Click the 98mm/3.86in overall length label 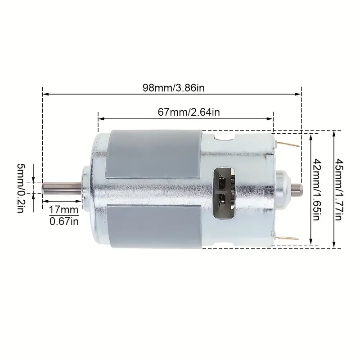pos(171,88)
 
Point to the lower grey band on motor pos(153,225)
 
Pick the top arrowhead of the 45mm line pos(333,133)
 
